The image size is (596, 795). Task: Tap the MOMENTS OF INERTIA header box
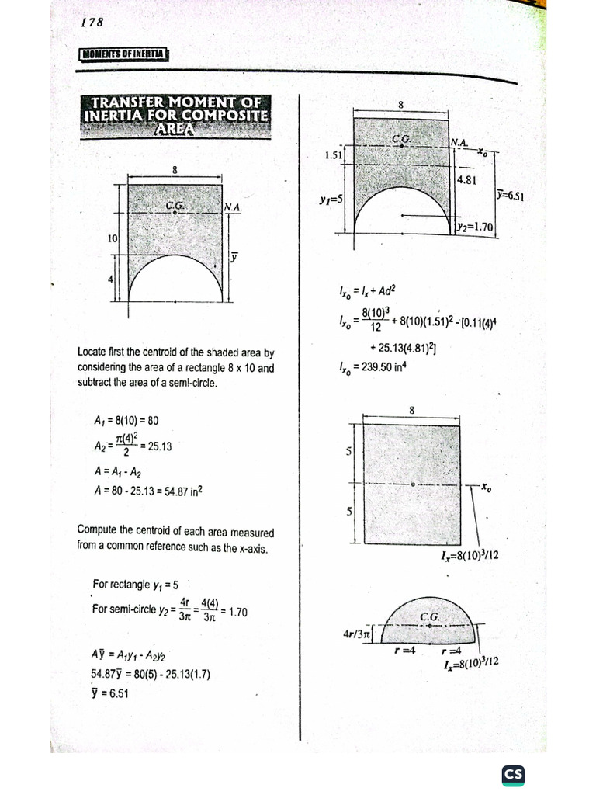point(124,54)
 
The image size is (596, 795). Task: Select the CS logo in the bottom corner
point(513,774)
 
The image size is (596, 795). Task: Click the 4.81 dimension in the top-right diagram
point(467,179)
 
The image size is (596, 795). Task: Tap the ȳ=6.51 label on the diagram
point(510,196)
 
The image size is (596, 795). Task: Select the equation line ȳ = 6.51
point(109,694)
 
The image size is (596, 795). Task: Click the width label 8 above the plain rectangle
point(411,410)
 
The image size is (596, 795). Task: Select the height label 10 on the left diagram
point(112,239)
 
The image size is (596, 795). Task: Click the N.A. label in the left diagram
point(233,207)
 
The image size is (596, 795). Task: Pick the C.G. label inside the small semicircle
point(430,617)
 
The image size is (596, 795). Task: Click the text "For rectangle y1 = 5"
point(135,584)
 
